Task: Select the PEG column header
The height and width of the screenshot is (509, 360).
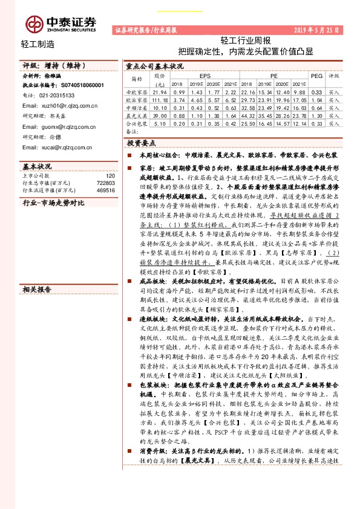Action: pyautogui.click(x=316, y=77)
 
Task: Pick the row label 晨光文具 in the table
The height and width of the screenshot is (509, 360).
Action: pyautogui.click(x=137, y=114)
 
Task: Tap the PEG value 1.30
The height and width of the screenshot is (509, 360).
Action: pyautogui.click(x=316, y=114)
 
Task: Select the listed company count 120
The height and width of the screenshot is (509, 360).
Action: pyautogui.click(x=110, y=175)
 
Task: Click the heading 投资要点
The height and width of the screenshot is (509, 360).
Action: pyautogui.click(x=141, y=143)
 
